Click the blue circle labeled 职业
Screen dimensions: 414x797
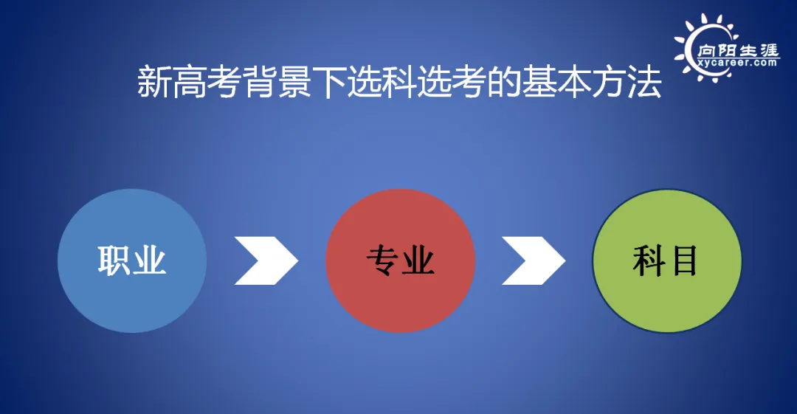(x=132, y=261)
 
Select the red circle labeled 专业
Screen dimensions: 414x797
(x=400, y=261)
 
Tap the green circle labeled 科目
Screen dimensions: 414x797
(x=667, y=261)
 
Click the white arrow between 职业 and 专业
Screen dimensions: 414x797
(x=266, y=261)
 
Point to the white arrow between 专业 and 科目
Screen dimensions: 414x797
(x=533, y=261)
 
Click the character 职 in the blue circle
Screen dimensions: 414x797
(x=114, y=262)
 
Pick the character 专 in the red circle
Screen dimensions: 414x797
(x=382, y=262)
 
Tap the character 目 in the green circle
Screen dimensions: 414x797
(x=685, y=262)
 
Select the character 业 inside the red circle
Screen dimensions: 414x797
(x=418, y=262)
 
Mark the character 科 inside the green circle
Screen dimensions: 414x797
(x=649, y=262)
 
